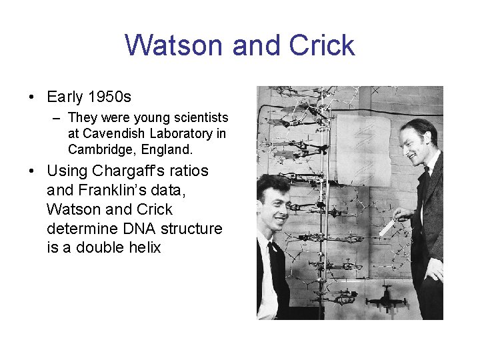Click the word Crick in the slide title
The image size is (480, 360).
[322, 45]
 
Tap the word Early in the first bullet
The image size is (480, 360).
[65, 97]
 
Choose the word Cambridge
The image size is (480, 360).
[98, 149]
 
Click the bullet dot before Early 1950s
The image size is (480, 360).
[33, 97]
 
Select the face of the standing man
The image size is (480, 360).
[417, 143]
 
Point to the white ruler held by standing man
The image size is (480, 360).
[387, 227]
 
